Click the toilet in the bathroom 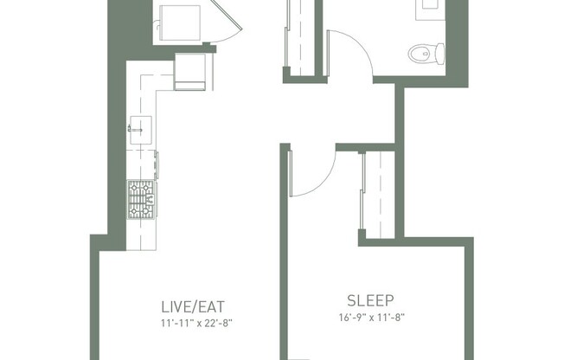click(x=421, y=55)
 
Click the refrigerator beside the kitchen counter click(x=191, y=71)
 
